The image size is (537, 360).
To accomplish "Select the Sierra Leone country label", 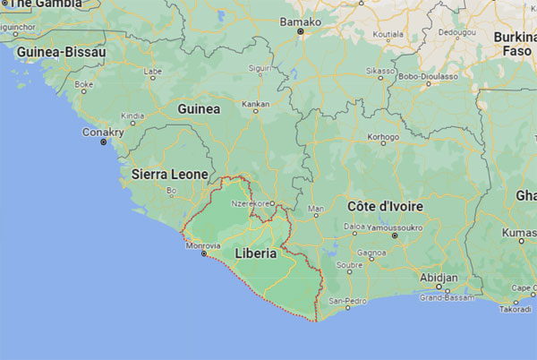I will click(169, 174).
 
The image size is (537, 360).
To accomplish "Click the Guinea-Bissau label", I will click(61, 53).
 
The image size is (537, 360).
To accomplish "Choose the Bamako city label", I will click(301, 21).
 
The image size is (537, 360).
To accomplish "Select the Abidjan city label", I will click(439, 278).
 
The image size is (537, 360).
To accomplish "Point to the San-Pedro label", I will click(348, 300).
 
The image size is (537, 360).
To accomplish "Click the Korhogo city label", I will click(384, 138).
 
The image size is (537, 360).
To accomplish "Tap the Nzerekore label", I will click(251, 203).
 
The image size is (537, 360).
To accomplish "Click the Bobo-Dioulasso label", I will click(428, 77).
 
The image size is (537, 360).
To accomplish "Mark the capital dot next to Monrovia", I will click(204, 254).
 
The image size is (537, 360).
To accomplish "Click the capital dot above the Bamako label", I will click(302, 32).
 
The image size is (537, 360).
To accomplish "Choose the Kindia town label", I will click(132, 116).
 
